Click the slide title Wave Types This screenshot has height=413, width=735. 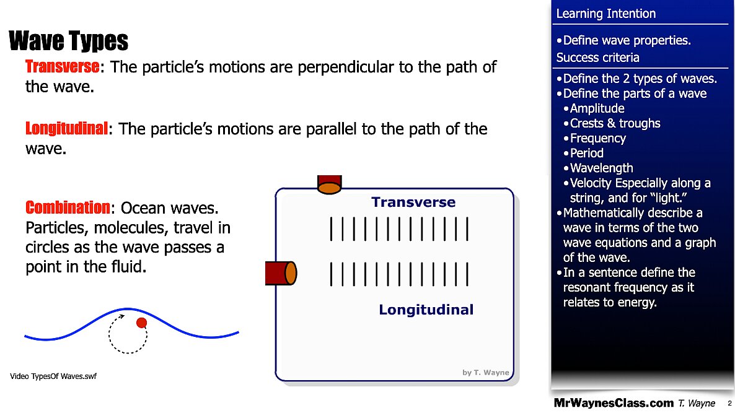(69, 41)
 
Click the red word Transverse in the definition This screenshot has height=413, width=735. (62, 66)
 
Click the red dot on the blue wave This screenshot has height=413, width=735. (141, 322)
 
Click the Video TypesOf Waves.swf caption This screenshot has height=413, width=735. (53, 376)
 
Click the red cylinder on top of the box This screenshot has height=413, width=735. (329, 185)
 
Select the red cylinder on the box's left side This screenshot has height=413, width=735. (281, 273)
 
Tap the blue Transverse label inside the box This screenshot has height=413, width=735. (413, 202)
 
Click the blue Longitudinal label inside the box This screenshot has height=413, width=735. (426, 310)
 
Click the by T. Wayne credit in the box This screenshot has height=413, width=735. (485, 372)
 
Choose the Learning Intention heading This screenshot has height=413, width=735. (605, 14)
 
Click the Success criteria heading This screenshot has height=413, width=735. (597, 58)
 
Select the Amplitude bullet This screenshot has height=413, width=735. (597, 108)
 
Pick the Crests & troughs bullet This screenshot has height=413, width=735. (615, 123)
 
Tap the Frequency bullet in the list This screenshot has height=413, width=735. (597, 138)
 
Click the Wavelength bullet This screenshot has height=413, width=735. (601, 168)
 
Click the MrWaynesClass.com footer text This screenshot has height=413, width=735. (613, 403)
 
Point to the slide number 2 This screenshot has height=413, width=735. (729, 403)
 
